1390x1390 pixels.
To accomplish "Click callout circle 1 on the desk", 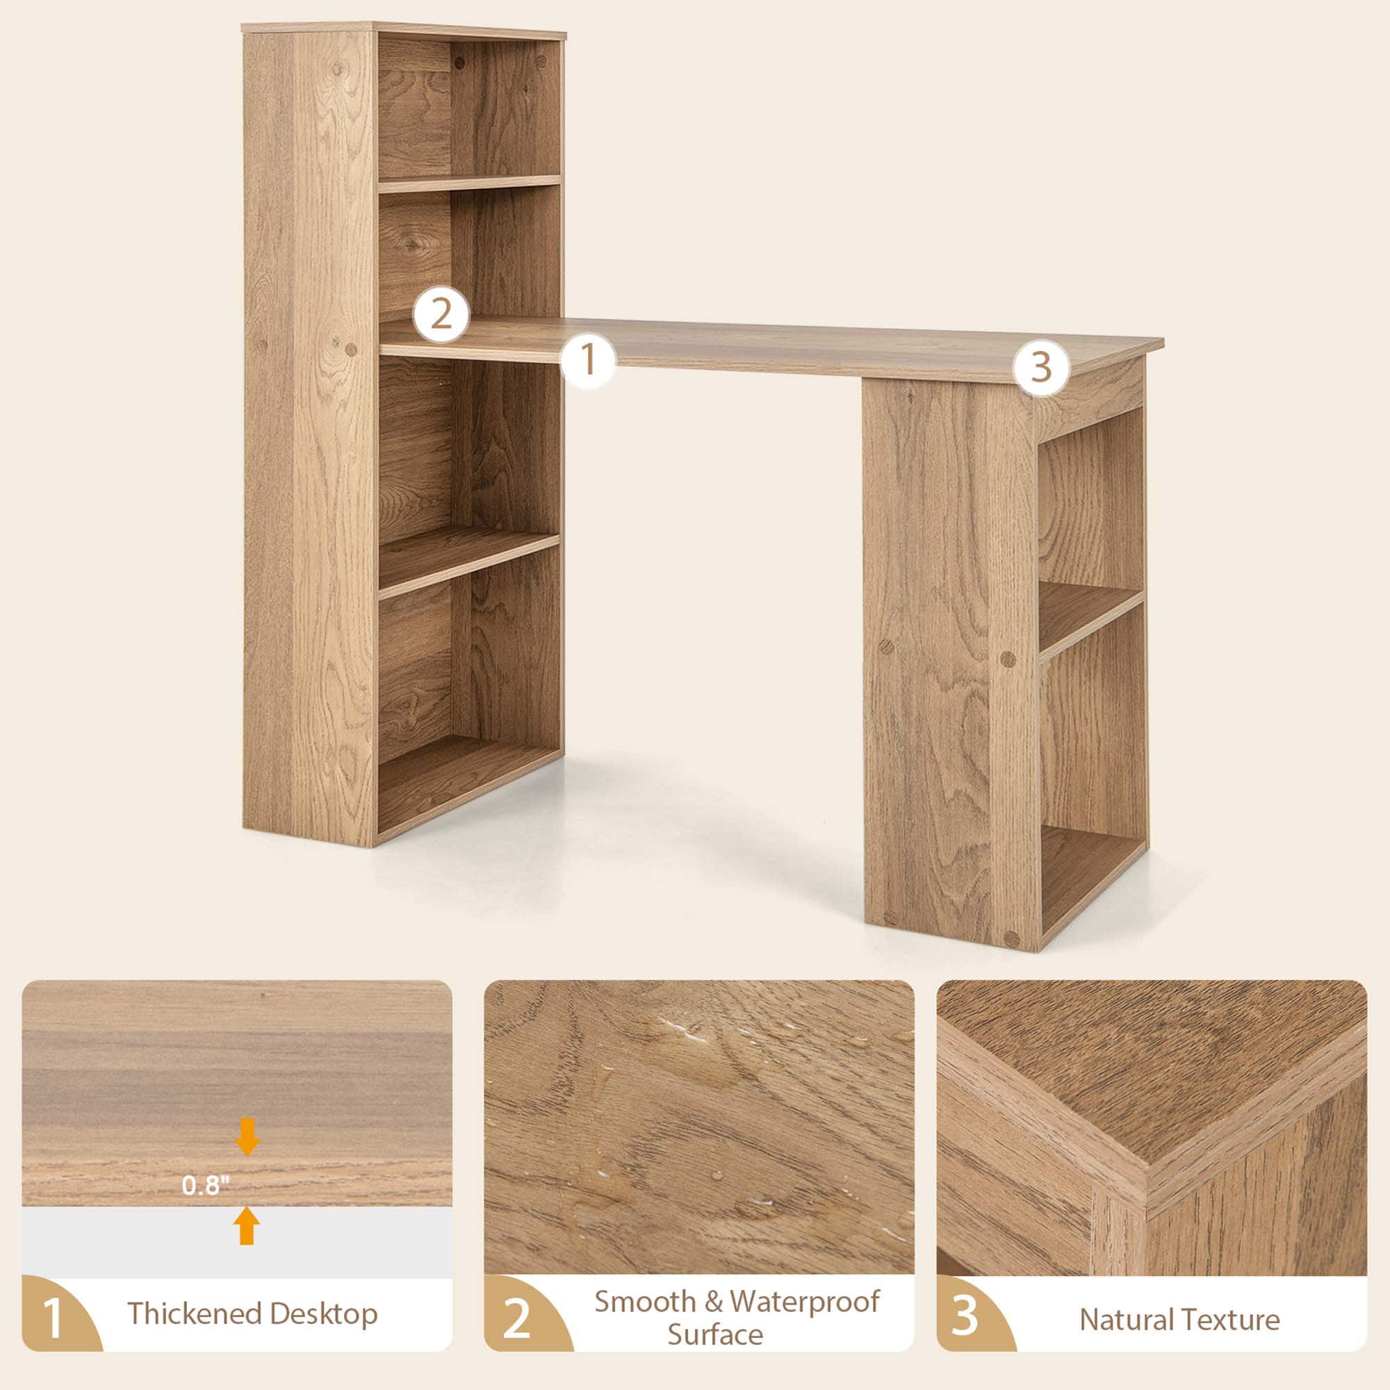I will (588, 360).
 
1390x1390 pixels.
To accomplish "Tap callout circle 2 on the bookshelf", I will (441, 314).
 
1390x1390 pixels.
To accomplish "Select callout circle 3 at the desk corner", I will (1041, 368).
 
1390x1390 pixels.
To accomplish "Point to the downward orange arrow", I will (247, 1136).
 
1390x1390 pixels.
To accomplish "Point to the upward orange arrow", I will (247, 1225).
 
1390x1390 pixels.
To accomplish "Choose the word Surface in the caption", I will (715, 1334).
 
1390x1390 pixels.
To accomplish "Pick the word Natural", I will (1126, 1320).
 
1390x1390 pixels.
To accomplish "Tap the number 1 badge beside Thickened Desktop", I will (53, 1318).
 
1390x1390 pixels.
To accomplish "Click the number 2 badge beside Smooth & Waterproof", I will (516, 1318).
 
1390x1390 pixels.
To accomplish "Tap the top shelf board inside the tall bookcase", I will (468, 183).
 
